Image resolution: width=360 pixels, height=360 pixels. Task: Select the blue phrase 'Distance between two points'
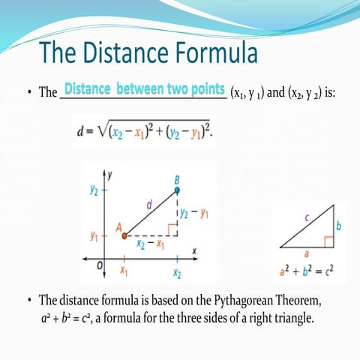pos(145,90)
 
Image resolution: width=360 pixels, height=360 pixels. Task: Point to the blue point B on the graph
pos(177,190)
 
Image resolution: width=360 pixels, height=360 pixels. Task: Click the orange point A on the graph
pos(124,235)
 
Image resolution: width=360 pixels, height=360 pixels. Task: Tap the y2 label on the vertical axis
pos(95,190)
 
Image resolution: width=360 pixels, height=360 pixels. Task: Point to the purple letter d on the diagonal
pos(149,204)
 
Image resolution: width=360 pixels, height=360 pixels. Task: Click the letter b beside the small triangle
pos(338,225)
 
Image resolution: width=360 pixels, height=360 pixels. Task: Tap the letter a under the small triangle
pos(310,255)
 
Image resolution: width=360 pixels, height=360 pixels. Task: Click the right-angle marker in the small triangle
pos(328,241)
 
